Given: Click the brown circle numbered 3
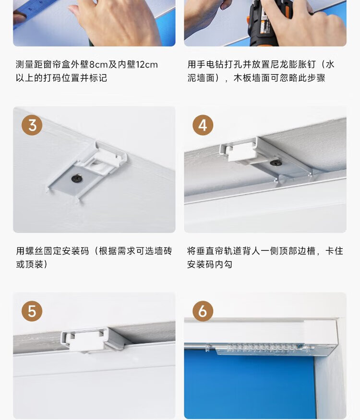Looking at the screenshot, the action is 32,125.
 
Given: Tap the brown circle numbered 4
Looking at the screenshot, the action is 203,125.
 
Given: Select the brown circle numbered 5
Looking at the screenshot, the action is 32,311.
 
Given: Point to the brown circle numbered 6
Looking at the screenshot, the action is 203,311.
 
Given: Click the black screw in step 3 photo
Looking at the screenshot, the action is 77,178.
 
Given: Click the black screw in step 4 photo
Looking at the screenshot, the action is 274,163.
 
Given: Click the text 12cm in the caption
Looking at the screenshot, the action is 147,65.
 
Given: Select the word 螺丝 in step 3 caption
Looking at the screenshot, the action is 35,251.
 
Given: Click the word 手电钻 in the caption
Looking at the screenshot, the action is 210,65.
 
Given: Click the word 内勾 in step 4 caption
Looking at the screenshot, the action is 223,264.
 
